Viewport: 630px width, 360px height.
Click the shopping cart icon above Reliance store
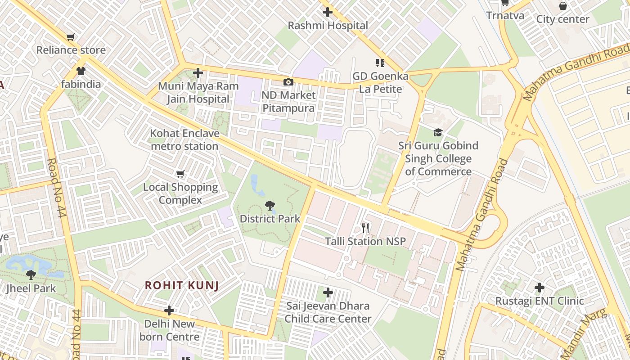tap(70, 37)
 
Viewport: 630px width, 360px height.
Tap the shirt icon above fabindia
tap(81, 71)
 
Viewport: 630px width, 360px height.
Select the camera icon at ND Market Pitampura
tap(288, 82)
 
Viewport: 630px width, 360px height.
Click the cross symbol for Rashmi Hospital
tap(328, 12)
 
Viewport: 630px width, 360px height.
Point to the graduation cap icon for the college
tap(438, 132)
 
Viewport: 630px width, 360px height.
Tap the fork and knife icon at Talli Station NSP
tap(365, 228)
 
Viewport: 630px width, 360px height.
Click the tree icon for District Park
tap(270, 206)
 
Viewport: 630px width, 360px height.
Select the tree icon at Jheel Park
tap(31, 274)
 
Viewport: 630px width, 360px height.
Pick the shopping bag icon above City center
tap(562, 6)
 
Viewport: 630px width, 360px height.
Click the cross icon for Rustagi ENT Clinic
tap(539, 287)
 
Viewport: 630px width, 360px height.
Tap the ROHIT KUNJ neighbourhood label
tap(182, 285)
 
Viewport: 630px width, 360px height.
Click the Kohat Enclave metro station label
tap(184, 140)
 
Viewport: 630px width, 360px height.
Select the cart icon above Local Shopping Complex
tap(180, 174)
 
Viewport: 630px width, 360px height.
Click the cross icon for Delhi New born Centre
tap(169, 310)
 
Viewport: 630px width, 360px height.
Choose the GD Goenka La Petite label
tap(380, 82)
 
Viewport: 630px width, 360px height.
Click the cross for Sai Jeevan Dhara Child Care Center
tap(328, 293)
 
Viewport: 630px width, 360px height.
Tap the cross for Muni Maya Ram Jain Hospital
tap(198, 73)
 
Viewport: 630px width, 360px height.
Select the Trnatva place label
tap(505, 16)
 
